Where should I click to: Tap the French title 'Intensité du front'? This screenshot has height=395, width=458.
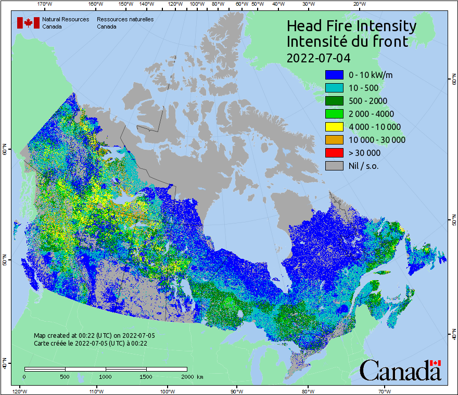pos(347,42)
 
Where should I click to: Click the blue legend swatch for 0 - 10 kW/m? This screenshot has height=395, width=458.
pos(334,75)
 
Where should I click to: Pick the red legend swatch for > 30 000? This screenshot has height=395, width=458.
pos(334,153)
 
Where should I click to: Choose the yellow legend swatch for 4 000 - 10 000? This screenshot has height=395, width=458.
pos(334,127)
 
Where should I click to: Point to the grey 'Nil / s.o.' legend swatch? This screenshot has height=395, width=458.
pos(334,166)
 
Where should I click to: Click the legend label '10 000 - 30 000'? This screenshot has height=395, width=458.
pos(377,140)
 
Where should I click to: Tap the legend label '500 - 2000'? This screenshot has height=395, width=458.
pos(368,101)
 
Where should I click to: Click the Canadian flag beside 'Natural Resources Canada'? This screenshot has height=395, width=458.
pos(28,23)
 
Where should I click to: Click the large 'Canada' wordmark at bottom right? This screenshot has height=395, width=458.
pos(400,371)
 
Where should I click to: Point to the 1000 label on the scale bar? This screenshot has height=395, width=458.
pos(106,376)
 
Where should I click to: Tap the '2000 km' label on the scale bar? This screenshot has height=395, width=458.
pos(192,376)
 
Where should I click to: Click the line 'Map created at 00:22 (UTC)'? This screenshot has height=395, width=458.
pos(94,336)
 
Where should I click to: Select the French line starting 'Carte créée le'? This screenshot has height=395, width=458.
pos(91,343)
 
